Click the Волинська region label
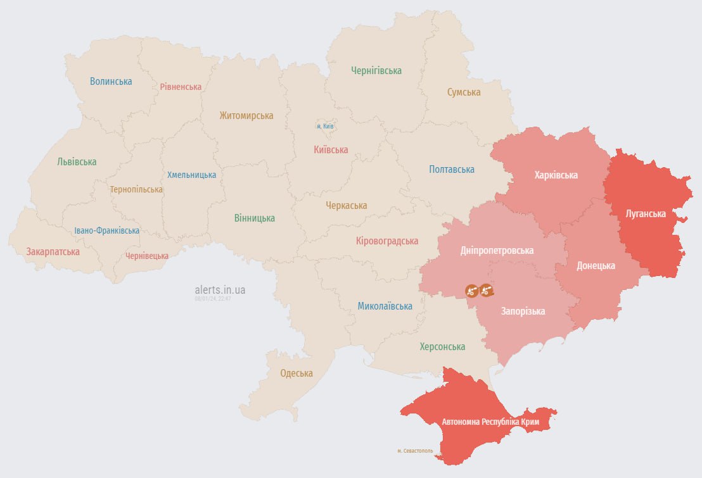[x=111, y=81]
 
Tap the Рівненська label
[x=181, y=87]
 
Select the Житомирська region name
[x=246, y=115]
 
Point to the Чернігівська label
[x=376, y=70]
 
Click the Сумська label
[x=464, y=92]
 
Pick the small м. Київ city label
[x=325, y=126]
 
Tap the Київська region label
[x=331, y=149]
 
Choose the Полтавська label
[x=452, y=169]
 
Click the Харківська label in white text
[x=556, y=175]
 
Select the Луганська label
[x=646, y=213]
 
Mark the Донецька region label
[x=596, y=265]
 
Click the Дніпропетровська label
[x=497, y=250]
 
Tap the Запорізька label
[x=523, y=311]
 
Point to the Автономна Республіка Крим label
[x=490, y=421]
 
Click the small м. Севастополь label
[x=415, y=451]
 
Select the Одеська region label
[x=297, y=373]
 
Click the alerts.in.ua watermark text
[x=220, y=289]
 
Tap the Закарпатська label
[x=53, y=251]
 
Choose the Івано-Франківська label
[x=106, y=230]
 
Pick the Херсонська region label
[x=442, y=346]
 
